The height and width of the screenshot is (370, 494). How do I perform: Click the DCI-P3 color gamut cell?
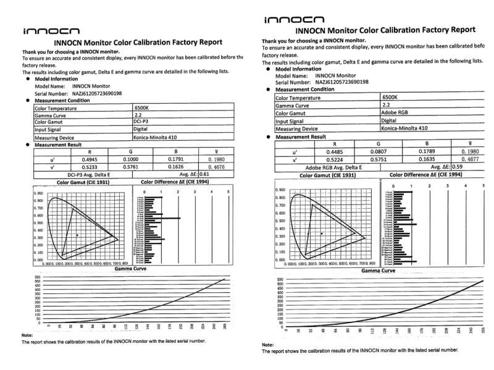(x=141, y=122)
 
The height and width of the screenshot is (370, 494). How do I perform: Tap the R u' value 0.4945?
(x=90, y=159)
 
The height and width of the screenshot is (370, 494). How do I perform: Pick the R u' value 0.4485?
(x=327, y=151)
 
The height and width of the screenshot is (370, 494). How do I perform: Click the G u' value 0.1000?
(x=132, y=159)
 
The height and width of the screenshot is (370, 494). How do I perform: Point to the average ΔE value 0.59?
(x=458, y=167)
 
